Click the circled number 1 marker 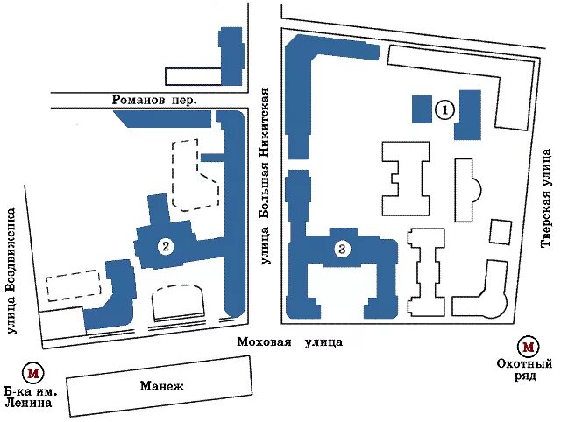click(445, 109)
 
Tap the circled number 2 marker click(166, 246)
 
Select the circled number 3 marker click(342, 249)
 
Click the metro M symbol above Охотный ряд click(529, 347)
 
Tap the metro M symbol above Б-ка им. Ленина click(33, 373)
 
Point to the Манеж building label click(161, 386)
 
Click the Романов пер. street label click(154, 99)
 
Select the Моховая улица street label click(290, 342)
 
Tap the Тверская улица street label click(546, 198)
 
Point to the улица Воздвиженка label click(12, 271)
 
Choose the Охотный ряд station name click(524, 370)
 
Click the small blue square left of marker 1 click(422, 109)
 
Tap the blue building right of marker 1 click(468, 115)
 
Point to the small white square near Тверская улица click(501, 233)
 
